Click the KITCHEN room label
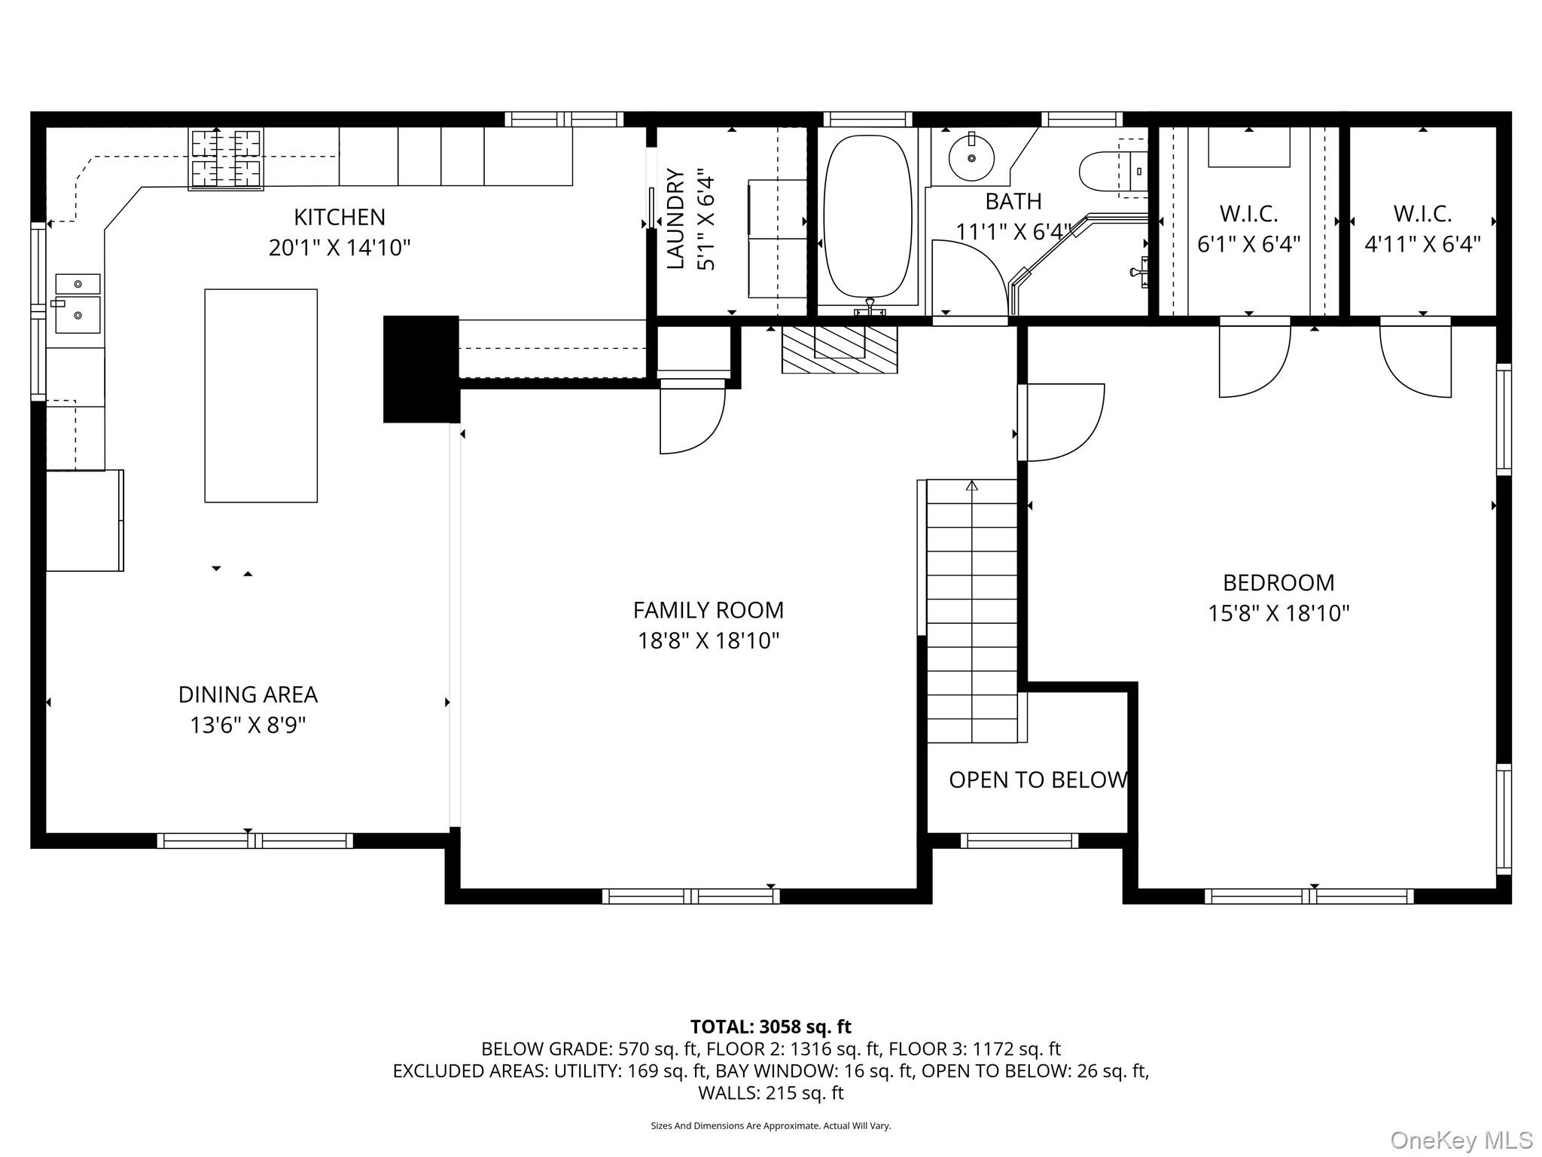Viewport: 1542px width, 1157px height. pos(339,217)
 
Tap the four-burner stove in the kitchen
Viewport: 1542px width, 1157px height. pos(226,158)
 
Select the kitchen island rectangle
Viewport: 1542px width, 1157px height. pos(261,395)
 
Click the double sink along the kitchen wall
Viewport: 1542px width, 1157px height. pos(78,304)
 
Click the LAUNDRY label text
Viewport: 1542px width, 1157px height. pos(675,218)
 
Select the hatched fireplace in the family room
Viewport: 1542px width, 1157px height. pos(840,350)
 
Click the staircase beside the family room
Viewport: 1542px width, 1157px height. pos(971,610)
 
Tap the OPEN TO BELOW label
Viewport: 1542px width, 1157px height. pos(1038,780)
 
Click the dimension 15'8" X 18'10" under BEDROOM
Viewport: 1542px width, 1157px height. pos(1278,613)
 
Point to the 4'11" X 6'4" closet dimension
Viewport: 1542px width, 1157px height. pos(1422,244)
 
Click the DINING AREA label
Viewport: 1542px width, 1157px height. pos(248,695)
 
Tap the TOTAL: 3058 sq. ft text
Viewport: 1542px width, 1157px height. pos(770,1027)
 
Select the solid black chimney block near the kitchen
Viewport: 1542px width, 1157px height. pos(421,369)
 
